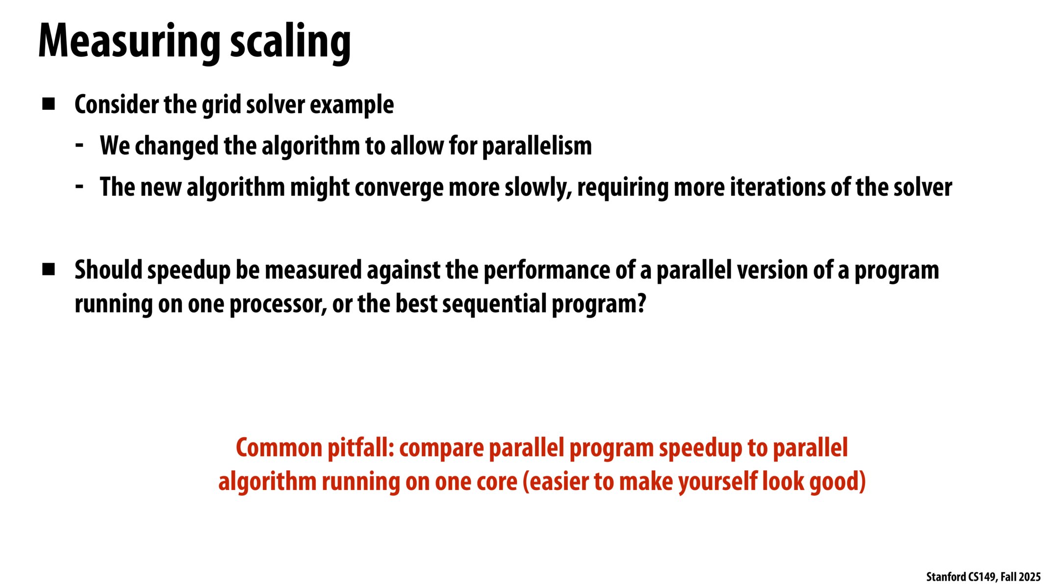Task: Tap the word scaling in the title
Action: point(291,43)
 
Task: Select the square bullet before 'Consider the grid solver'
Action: point(49,104)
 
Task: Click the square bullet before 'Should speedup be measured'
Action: point(49,269)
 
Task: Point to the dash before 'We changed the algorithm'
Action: point(79,145)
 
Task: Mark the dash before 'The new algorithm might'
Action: point(79,186)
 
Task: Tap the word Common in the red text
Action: point(279,448)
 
